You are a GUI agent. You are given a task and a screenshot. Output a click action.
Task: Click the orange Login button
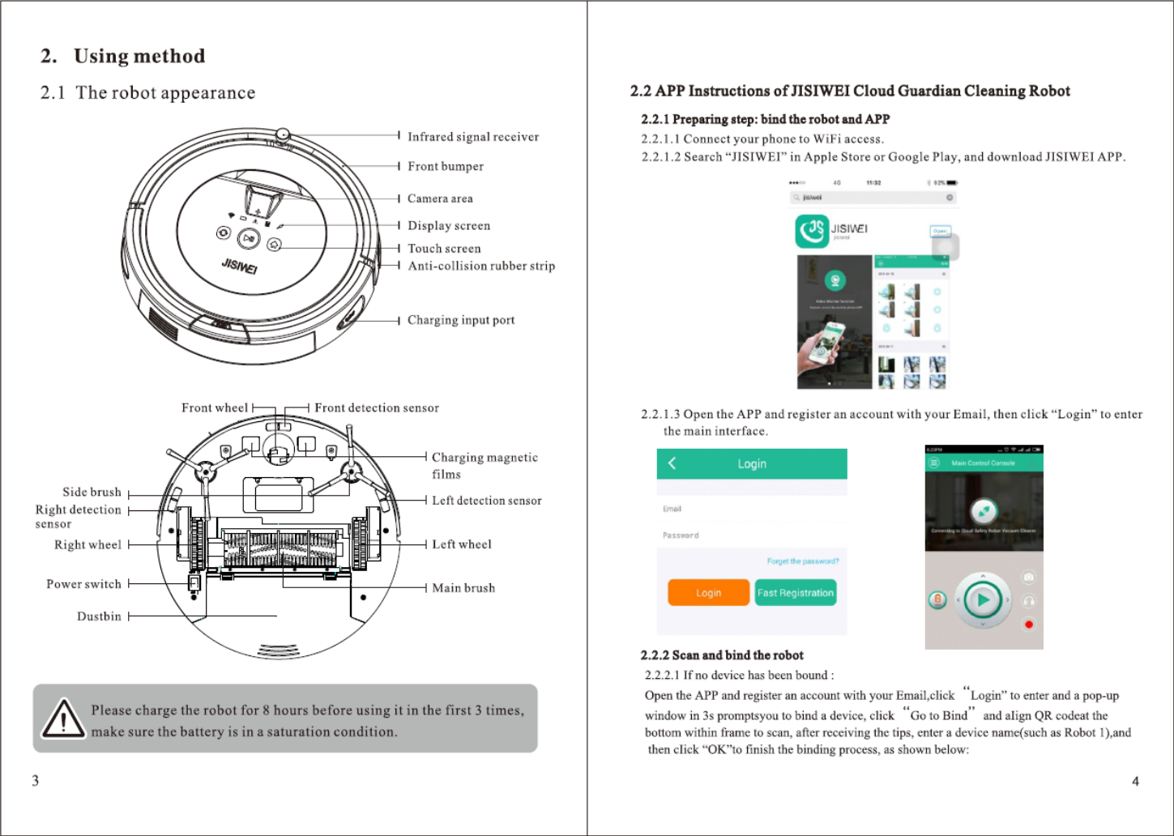coord(708,593)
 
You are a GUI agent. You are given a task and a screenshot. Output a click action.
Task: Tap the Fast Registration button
coord(795,593)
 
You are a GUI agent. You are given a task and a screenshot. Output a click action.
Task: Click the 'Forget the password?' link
coord(802,561)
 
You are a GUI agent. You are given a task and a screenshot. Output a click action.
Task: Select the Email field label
coord(672,509)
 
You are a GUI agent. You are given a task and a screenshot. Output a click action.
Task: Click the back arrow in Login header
coord(672,463)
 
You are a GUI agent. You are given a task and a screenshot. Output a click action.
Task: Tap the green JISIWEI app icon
coord(812,231)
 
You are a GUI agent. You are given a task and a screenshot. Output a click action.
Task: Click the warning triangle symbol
coord(63,719)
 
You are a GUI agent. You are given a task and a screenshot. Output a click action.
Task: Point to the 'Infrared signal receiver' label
coord(473,137)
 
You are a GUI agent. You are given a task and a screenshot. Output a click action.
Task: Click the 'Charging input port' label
coord(461,320)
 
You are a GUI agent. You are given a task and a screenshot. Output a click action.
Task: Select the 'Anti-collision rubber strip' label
coord(481,266)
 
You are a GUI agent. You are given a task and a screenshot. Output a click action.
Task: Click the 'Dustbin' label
coord(99,616)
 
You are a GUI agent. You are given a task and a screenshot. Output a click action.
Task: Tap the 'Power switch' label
coord(83,584)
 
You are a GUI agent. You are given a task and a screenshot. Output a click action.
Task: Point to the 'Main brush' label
coord(463,588)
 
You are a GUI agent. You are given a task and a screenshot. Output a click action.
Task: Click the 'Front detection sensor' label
coord(377,408)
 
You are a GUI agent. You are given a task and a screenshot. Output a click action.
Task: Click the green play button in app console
coord(983,600)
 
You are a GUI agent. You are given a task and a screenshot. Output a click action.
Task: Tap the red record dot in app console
coord(1029,624)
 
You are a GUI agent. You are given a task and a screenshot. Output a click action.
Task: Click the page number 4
coord(1135,781)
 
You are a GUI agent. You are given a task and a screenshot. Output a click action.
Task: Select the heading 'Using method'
coord(139,56)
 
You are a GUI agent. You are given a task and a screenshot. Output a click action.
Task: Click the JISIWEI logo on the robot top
coord(240,266)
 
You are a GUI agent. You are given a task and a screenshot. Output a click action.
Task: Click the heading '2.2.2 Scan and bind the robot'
coord(722,655)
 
